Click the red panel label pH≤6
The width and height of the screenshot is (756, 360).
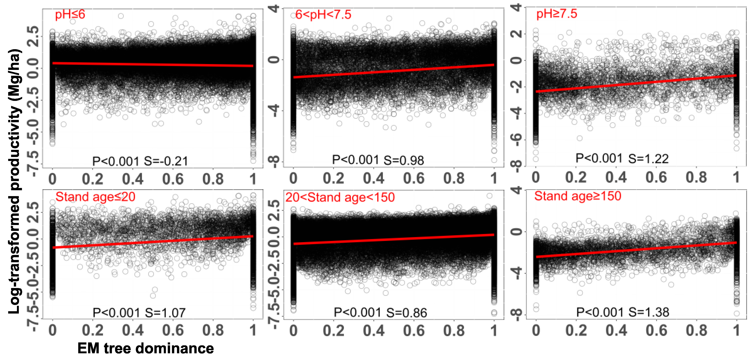(x=70, y=14)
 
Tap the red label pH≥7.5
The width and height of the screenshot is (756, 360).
(x=556, y=14)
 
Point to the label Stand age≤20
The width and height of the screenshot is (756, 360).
(x=95, y=197)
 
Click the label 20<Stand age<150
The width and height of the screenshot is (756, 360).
(x=340, y=197)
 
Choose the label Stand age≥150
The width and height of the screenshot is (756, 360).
(x=578, y=196)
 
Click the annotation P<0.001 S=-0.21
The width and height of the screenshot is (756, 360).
(x=140, y=161)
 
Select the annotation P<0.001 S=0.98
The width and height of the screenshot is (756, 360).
(x=378, y=160)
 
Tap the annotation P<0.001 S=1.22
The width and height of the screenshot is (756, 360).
(x=622, y=159)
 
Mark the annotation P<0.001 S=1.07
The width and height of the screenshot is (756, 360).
(x=139, y=313)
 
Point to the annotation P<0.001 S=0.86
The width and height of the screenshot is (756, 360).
(x=380, y=312)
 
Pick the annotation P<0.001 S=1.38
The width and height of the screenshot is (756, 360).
(x=623, y=312)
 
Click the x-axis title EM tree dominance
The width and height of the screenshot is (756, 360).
(x=146, y=348)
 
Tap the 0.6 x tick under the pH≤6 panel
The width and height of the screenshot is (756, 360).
(x=173, y=179)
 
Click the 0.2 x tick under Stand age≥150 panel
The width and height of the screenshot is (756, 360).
(x=576, y=330)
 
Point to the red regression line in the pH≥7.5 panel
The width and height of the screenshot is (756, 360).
(x=636, y=84)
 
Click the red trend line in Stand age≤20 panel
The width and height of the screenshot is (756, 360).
(x=153, y=242)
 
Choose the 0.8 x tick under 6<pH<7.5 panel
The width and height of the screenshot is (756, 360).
(x=454, y=178)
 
